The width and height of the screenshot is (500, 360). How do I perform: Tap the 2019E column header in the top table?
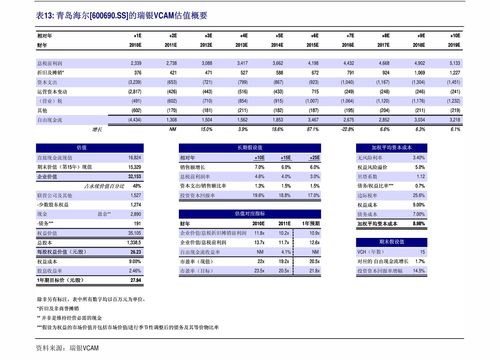pyautogui.click(x=453, y=45)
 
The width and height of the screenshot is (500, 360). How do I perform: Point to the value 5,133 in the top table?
pyautogui.click(x=453, y=63)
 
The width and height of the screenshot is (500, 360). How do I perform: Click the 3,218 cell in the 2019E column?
pyautogui.click(x=453, y=119)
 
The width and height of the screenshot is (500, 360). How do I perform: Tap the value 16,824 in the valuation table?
pyautogui.click(x=133, y=158)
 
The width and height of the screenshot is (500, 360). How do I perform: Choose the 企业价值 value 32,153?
pyautogui.click(x=133, y=176)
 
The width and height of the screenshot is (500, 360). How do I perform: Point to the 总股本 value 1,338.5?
pyautogui.click(x=133, y=242)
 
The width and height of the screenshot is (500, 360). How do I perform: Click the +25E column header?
pyautogui.click(x=315, y=158)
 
